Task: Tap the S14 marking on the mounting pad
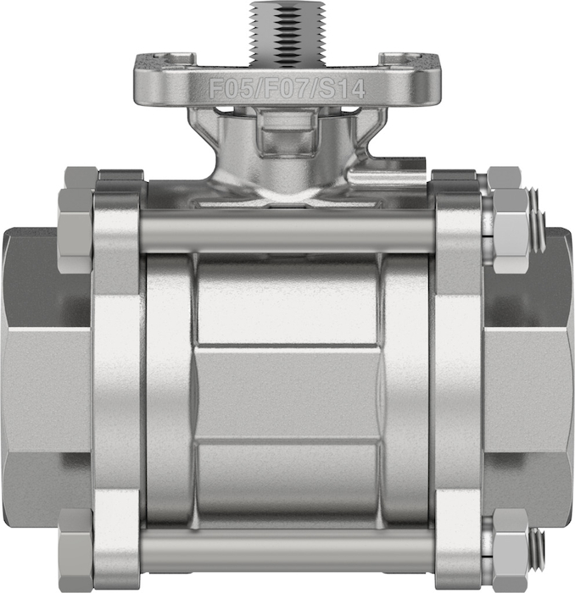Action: (x=339, y=90)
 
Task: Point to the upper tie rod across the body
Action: (x=287, y=230)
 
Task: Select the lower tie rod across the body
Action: (x=287, y=548)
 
